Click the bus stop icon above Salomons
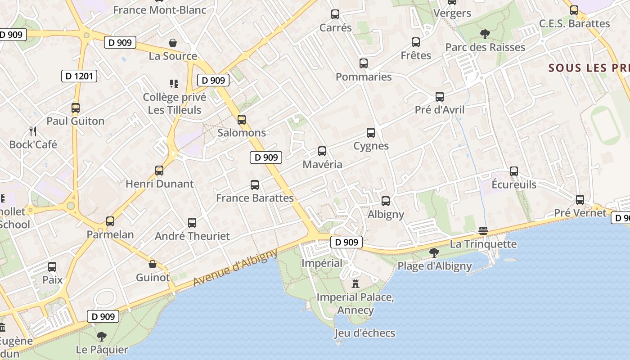[242, 120]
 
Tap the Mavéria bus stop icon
[322, 151]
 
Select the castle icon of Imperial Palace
[355, 284]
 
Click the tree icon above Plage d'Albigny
[434, 253]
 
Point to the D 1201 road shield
[79, 76]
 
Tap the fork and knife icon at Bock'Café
[32, 131]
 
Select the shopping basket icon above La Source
[173, 43]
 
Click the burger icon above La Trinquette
[483, 231]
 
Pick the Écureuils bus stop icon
[514, 171]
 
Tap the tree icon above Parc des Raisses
[485, 34]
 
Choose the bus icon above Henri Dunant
[159, 171]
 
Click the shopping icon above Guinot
[153, 264]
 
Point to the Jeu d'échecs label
[364, 333]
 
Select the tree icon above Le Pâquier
[102, 336]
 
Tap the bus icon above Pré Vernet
[580, 200]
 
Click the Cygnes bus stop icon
[371, 133]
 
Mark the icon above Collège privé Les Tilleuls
[174, 83]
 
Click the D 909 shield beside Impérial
[346, 242]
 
